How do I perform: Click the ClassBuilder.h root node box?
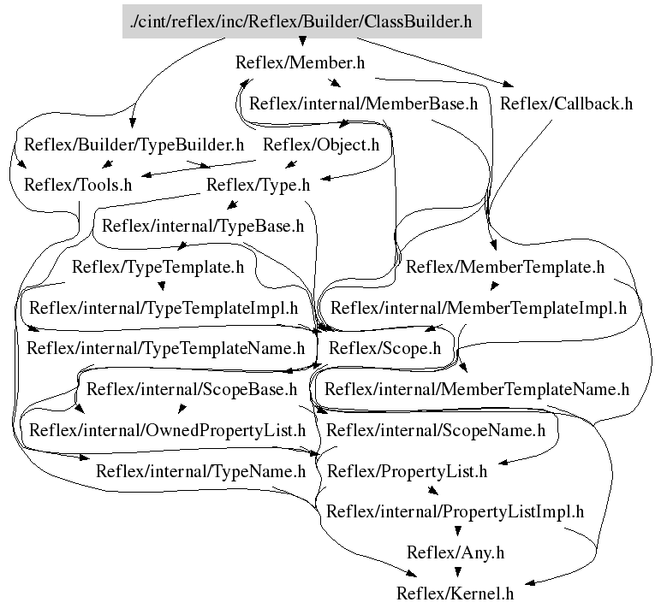click(301, 21)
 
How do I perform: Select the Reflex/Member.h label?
click(294, 62)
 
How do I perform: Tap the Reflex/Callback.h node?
click(566, 104)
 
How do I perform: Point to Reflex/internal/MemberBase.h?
click(363, 104)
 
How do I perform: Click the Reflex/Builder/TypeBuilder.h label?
click(134, 145)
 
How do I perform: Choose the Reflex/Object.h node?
click(321, 145)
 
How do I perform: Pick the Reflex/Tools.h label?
click(78, 184)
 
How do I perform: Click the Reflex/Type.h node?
click(258, 184)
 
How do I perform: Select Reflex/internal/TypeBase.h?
click(203, 227)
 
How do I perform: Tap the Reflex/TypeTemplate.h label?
click(158, 267)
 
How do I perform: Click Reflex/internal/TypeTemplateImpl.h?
click(164, 306)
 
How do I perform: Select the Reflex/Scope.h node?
click(384, 348)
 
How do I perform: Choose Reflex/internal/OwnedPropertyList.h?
click(167, 430)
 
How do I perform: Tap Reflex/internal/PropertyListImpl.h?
click(456, 511)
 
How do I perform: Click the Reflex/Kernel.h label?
click(455, 593)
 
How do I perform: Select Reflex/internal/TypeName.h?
click(200, 470)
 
